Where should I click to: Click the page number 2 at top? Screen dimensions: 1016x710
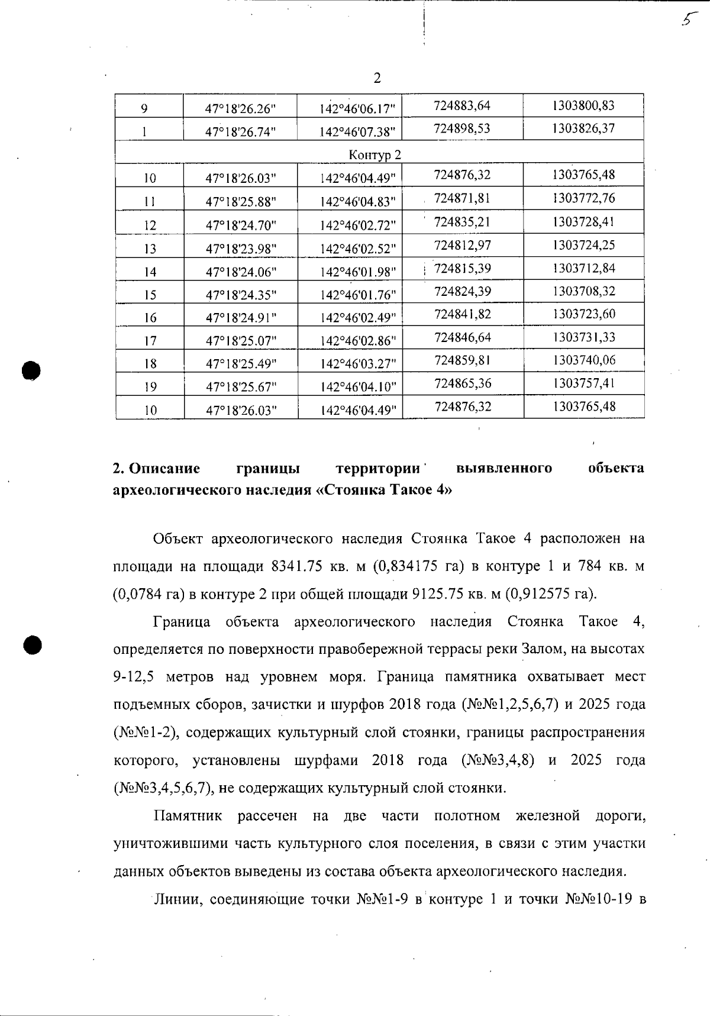click(377, 78)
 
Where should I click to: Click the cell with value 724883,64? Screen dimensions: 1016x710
click(462, 106)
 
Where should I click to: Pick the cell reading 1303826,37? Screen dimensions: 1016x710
click(583, 128)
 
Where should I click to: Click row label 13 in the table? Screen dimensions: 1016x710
click(150, 249)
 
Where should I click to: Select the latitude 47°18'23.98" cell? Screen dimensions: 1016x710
click(241, 249)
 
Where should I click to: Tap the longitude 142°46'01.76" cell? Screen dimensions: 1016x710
click(357, 295)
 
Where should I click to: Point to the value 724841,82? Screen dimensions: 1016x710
click(463, 314)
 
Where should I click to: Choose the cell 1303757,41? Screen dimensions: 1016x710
click(584, 383)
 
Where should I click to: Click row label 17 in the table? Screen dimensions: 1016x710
click(150, 341)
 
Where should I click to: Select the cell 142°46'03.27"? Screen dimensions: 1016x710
click(357, 364)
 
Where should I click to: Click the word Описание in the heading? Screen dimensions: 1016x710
click(164, 469)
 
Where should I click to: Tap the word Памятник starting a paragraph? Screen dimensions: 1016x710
click(188, 816)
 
